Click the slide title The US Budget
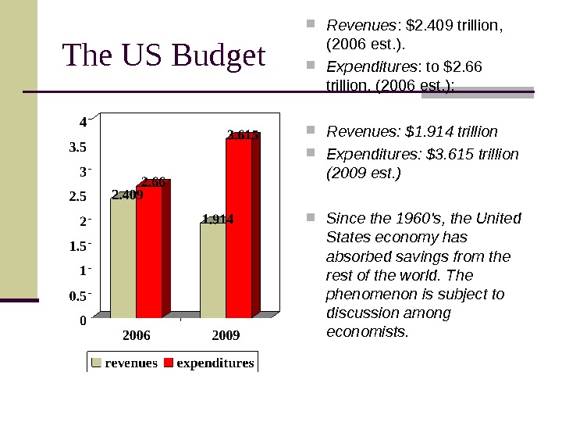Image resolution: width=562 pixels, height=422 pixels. tap(164, 55)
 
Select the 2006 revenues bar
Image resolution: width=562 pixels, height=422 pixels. tap(123, 258)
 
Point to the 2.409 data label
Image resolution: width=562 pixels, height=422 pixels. tap(127, 195)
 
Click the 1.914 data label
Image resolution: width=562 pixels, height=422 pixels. tap(218, 220)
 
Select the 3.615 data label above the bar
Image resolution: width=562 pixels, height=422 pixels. tap(243, 134)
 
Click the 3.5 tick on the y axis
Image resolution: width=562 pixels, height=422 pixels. tap(80, 147)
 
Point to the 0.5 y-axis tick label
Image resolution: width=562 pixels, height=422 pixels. tap(80, 296)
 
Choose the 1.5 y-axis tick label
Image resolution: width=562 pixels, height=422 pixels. tap(80, 247)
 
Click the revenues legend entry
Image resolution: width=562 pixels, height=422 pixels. tap(125, 363)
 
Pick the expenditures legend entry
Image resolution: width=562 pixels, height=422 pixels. tap(211, 363)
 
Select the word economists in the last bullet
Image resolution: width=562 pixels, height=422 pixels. tap(366, 332)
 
